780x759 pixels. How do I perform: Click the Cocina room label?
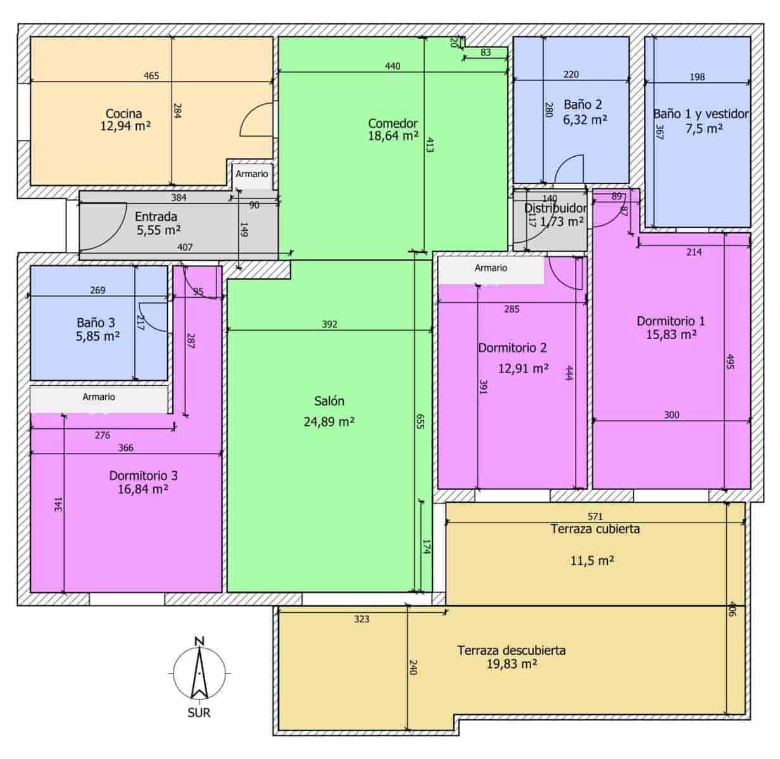pyautogui.click(x=124, y=114)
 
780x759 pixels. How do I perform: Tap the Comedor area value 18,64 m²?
pyautogui.click(x=393, y=136)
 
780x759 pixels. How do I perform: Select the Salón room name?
pyautogui.click(x=329, y=401)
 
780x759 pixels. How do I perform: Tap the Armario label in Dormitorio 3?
pyautogui.click(x=99, y=397)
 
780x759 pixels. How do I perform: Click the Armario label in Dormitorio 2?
pyautogui.click(x=491, y=268)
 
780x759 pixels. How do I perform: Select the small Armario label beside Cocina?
pyautogui.click(x=252, y=174)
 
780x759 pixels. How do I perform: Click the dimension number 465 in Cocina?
pyautogui.click(x=151, y=76)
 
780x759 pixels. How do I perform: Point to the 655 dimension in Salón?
pyautogui.click(x=420, y=422)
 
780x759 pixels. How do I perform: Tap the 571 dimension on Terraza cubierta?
pyautogui.click(x=595, y=516)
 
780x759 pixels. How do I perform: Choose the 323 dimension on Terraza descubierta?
pyautogui.click(x=362, y=619)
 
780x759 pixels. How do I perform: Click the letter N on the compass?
pyautogui.click(x=199, y=641)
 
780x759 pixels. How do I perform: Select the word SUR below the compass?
pyautogui.click(x=199, y=713)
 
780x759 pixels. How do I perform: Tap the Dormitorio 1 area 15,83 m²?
pyautogui.click(x=671, y=335)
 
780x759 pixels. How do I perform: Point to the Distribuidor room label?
pyautogui.click(x=555, y=208)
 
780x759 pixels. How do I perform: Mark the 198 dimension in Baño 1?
pyautogui.click(x=697, y=77)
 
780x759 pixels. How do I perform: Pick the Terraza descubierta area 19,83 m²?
pyautogui.click(x=512, y=664)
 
